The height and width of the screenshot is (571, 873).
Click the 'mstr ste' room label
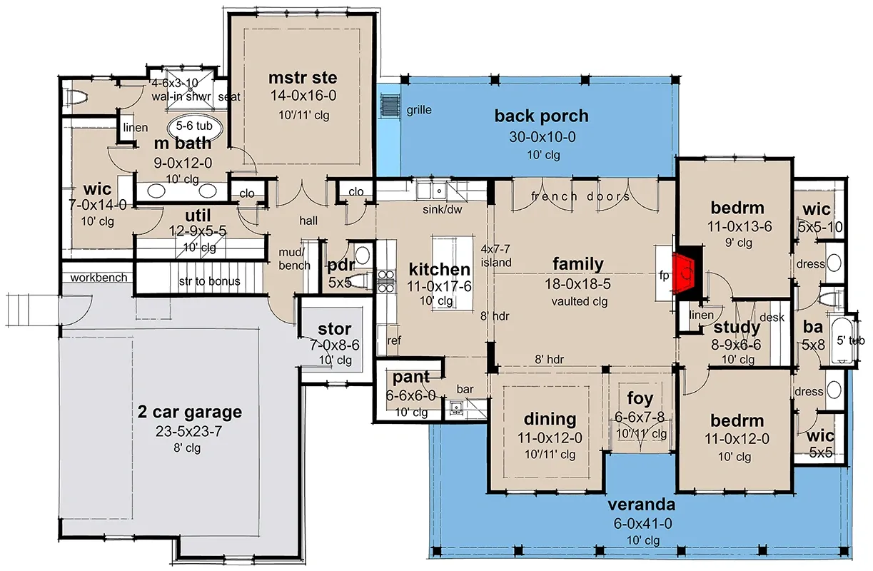(303, 77)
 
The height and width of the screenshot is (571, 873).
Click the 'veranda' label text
(642, 505)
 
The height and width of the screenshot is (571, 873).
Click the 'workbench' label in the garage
(99, 278)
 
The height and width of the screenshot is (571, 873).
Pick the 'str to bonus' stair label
(208, 281)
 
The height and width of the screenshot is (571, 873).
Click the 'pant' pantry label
(411, 377)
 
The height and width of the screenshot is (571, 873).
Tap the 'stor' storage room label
(334, 329)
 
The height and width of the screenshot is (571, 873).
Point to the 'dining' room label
(550, 419)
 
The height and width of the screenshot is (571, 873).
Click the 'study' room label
(737, 328)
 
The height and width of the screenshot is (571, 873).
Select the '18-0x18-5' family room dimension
(578, 284)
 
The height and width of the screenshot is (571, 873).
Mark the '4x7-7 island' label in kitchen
(495, 256)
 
